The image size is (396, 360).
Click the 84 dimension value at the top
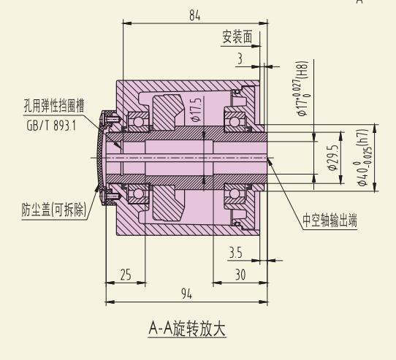(x=195, y=15)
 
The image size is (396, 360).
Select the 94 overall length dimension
(x=186, y=294)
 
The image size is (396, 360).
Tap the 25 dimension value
(x=126, y=275)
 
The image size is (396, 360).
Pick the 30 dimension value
(x=240, y=275)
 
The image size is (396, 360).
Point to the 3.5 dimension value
(x=235, y=253)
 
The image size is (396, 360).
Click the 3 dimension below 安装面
(x=240, y=58)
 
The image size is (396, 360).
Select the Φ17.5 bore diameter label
(x=197, y=110)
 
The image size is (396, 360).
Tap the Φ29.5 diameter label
(x=333, y=158)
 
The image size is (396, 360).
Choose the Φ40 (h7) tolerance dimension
(x=364, y=158)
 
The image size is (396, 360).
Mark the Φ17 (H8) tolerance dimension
(x=302, y=88)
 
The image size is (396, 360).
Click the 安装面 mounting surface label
(x=237, y=37)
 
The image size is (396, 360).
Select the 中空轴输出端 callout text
(x=330, y=221)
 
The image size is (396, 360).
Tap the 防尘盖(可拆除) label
(x=54, y=210)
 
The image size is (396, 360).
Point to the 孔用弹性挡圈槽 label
(x=54, y=106)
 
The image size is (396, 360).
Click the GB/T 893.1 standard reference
(x=51, y=126)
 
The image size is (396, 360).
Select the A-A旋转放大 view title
(x=187, y=329)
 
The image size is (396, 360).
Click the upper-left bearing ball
(x=138, y=122)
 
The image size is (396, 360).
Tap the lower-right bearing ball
(x=235, y=194)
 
